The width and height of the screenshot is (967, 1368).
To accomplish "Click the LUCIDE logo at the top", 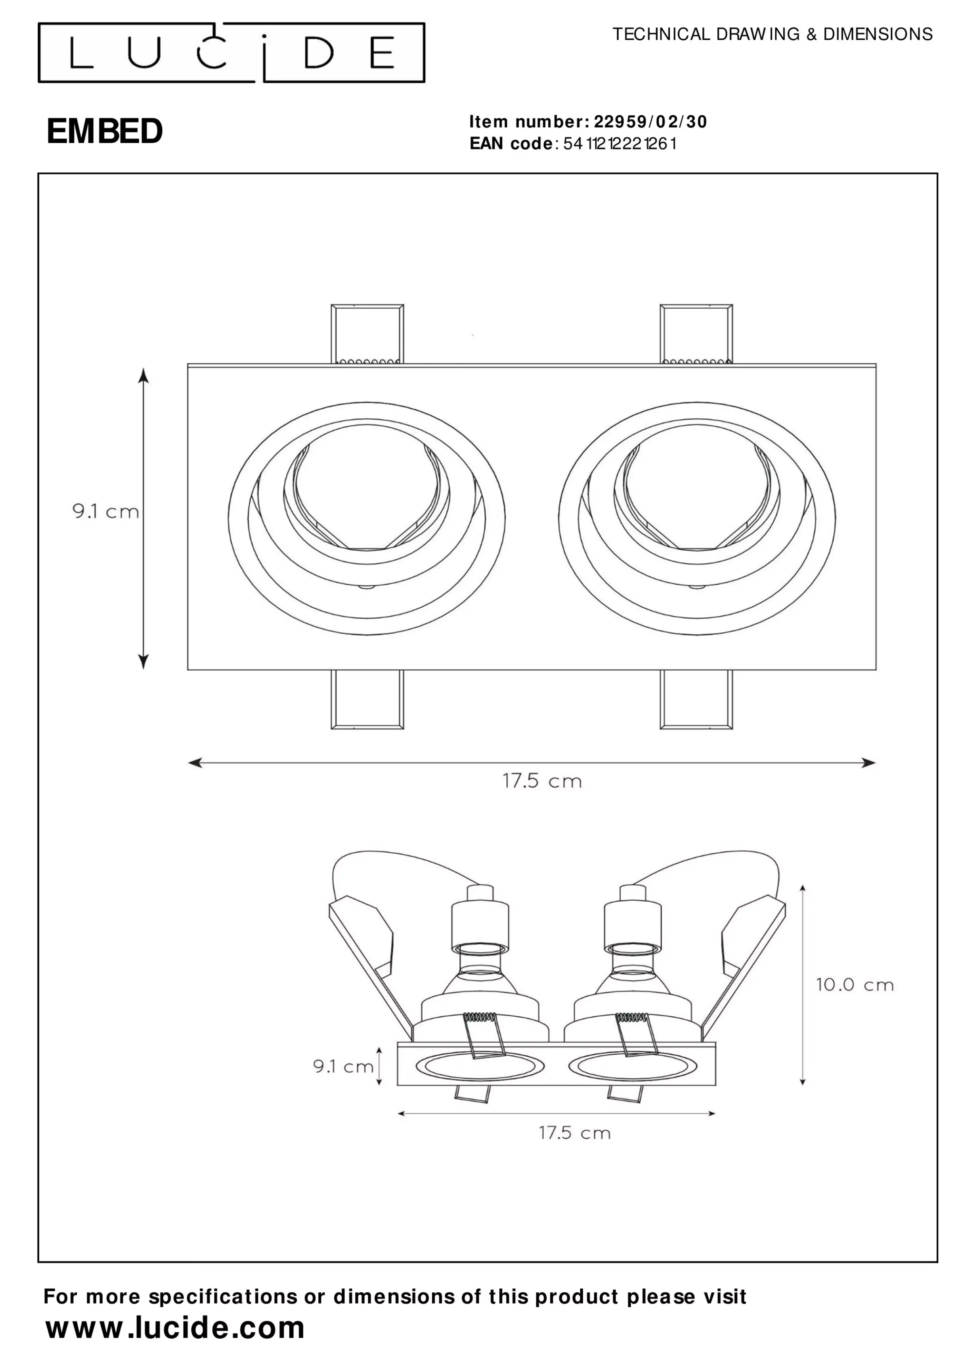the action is point(231,53).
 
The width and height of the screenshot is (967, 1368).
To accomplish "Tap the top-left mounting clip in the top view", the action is point(367,334).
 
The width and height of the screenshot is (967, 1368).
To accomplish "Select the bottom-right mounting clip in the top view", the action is point(696,700).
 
